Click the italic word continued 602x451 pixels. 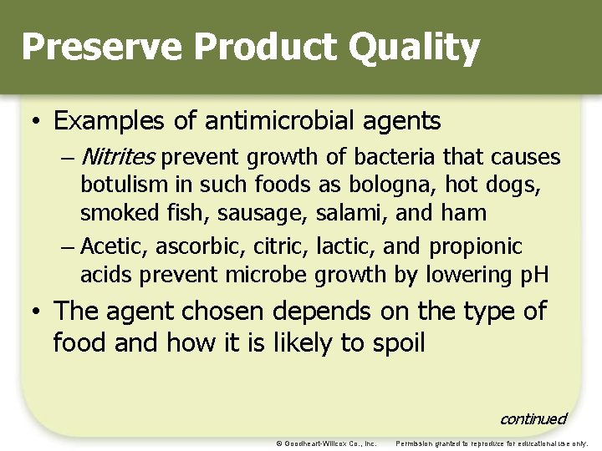point(533,418)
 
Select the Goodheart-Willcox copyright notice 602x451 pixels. point(326,443)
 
